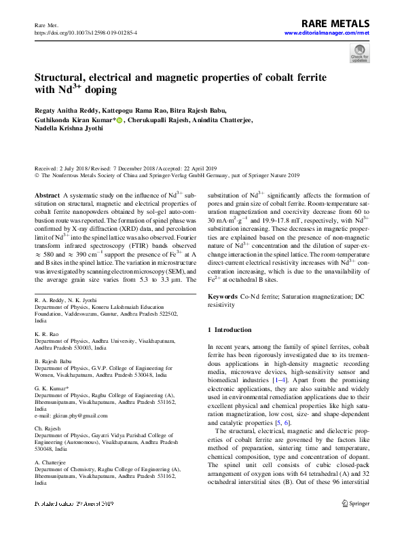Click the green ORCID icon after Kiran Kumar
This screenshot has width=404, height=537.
click(119, 121)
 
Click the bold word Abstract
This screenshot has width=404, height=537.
click(46, 194)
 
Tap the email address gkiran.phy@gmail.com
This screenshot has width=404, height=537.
click(71, 415)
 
